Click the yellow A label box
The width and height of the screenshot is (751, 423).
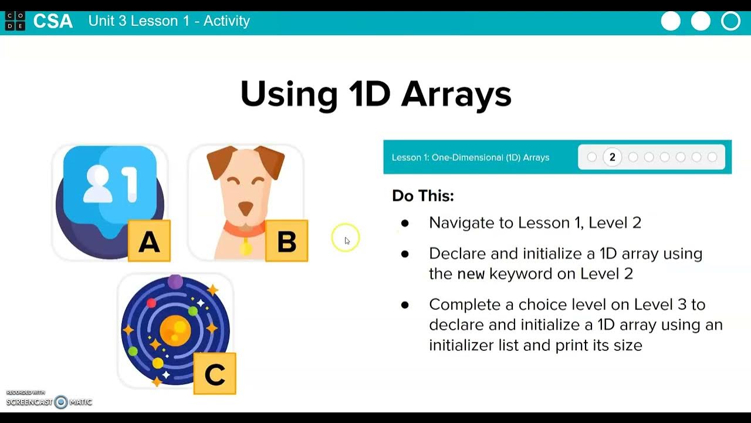click(149, 241)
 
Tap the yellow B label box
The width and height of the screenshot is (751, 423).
click(286, 241)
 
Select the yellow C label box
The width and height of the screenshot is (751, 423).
click(215, 374)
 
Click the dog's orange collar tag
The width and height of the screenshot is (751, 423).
click(246, 249)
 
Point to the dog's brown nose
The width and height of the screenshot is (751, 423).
click(245, 208)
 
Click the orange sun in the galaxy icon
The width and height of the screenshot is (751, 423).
click(175, 330)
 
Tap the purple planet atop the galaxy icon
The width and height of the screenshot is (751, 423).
click(175, 281)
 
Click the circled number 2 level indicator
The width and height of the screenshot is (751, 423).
click(612, 157)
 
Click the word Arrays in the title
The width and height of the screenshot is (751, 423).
click(456, 93)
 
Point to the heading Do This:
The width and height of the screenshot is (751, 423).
click(423, 196)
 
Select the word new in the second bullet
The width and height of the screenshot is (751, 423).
click(471, 274)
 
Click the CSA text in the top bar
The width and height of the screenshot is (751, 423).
click(53, 21)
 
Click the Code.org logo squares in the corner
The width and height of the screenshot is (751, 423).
click(15, 21)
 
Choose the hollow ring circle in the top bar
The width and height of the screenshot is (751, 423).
click(730, 21)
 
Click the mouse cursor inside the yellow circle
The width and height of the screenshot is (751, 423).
click(347, 240)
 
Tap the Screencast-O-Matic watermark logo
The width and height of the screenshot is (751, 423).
click(61, 402)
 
